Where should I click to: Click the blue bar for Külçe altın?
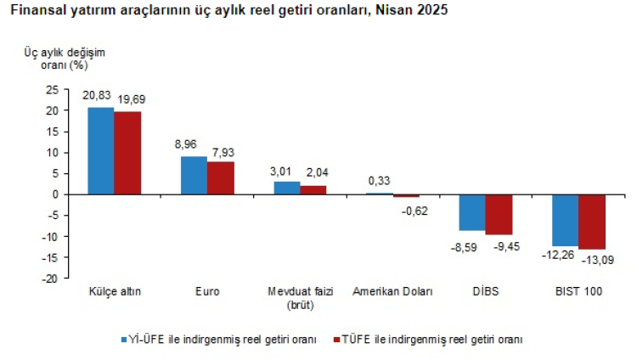coord(101,151)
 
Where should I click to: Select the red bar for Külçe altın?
coord(127,154)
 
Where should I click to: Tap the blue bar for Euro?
coord(194,176)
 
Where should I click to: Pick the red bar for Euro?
coord(220,178)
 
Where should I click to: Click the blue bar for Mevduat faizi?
coord(286,188)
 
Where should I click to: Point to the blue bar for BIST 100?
coord(565,220)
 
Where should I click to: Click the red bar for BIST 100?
coord(591,222)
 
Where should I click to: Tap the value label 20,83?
coord(97,96)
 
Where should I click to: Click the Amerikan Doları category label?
coord(392,292)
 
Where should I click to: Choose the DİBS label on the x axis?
coord(485,292)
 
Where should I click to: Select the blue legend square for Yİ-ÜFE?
coord(123,340)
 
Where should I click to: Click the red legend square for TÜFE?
coord(335,340)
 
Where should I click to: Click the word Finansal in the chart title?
coord(33,12)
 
